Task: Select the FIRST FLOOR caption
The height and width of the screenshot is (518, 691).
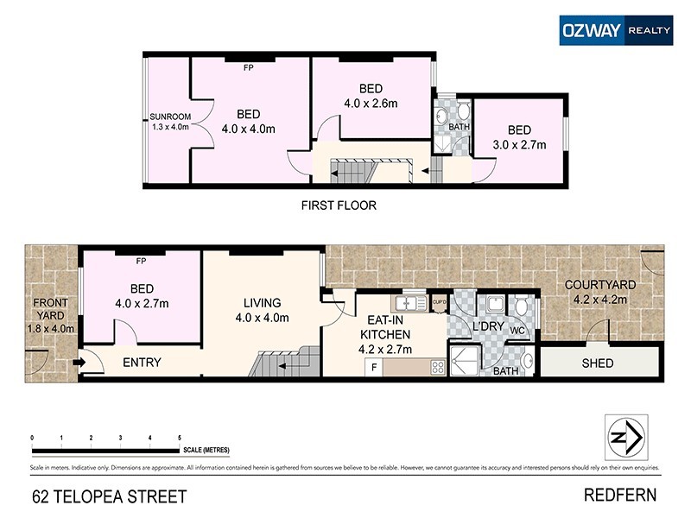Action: point(339,205)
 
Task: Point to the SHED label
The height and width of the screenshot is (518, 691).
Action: point(598,363)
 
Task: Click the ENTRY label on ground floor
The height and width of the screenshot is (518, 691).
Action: point(142,363)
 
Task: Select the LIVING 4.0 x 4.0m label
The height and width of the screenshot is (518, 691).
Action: point(262,310)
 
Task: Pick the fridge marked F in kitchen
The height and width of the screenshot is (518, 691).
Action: point(373,367)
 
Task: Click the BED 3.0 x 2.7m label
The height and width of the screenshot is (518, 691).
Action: point(519,138)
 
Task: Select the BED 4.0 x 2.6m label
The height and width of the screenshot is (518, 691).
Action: point(371,96)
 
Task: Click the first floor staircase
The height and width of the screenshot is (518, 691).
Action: point(351,173)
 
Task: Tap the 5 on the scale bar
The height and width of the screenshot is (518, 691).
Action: point(179,439)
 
